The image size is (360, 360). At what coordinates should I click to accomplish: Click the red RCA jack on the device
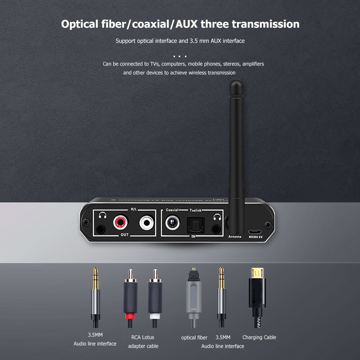[x=120, y=223]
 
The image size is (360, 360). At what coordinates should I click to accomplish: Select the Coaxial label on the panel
[x=172, y=210]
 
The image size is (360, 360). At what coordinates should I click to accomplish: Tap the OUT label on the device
[x=125, y=235]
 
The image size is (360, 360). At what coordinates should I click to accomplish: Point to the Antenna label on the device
[x=235, y=237]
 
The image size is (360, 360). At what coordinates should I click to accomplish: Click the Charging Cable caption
[x=259, y=337]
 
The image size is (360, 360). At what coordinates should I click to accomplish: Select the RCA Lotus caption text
[x=143, y=337]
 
